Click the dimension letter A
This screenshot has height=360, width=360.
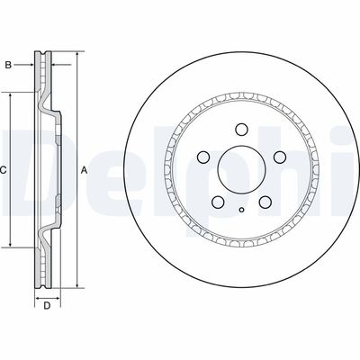[85, 168]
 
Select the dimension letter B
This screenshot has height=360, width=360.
[8, 65]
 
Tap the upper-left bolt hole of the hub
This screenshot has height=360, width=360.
[203, 157]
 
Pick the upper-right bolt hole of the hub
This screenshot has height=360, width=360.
[280, 157]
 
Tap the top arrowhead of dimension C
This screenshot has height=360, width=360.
[11, 94]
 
